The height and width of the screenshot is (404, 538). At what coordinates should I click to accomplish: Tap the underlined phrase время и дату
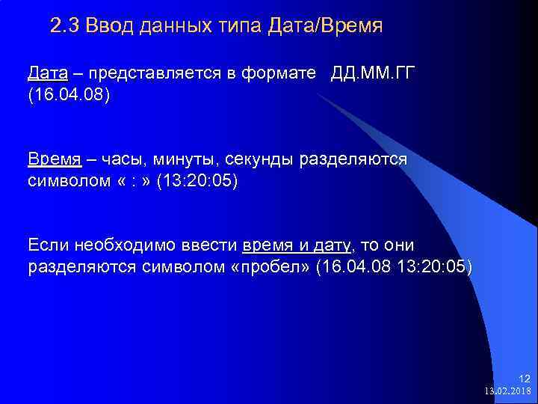coord(297,245)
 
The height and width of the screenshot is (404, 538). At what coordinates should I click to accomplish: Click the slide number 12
coord(524,379)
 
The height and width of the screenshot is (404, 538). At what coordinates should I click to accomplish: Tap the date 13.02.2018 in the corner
coord(507,391)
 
